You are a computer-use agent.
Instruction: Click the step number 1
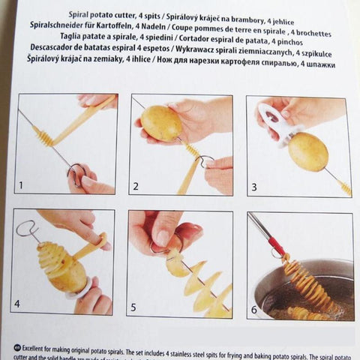point(22,184)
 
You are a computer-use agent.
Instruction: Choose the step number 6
point(254,306)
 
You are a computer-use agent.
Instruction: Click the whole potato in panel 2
point(162,123)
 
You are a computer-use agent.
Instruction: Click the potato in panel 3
point(307,151)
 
